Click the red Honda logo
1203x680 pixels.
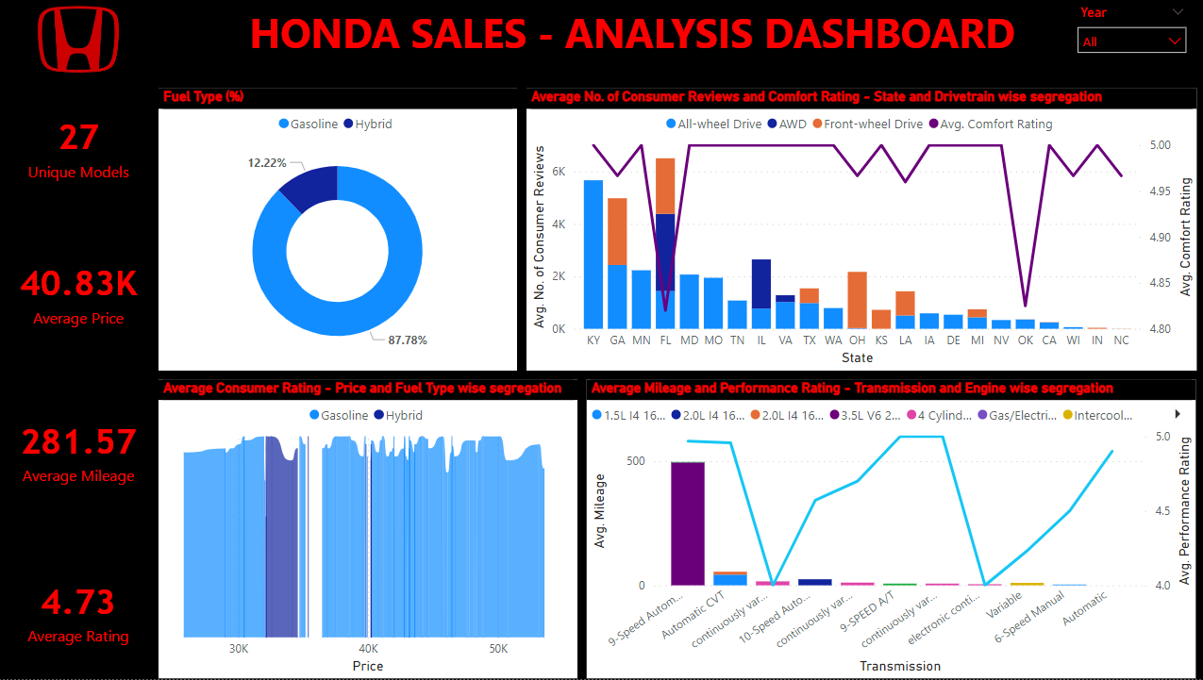coord(78,41)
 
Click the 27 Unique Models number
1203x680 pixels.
coord(78,138)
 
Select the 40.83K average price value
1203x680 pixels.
coord(78,284)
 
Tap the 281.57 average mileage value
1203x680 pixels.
coord(78,442)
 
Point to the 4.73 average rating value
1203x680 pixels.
coord(78,602)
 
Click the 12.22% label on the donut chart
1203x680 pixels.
coord(267,163)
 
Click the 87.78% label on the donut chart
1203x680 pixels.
coord(408,340)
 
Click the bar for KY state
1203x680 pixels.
coord(593,255)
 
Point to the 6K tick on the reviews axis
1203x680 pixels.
coord(558,172)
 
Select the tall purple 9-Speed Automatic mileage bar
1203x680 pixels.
coord(688,523)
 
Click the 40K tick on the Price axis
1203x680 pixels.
coord(368,649)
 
